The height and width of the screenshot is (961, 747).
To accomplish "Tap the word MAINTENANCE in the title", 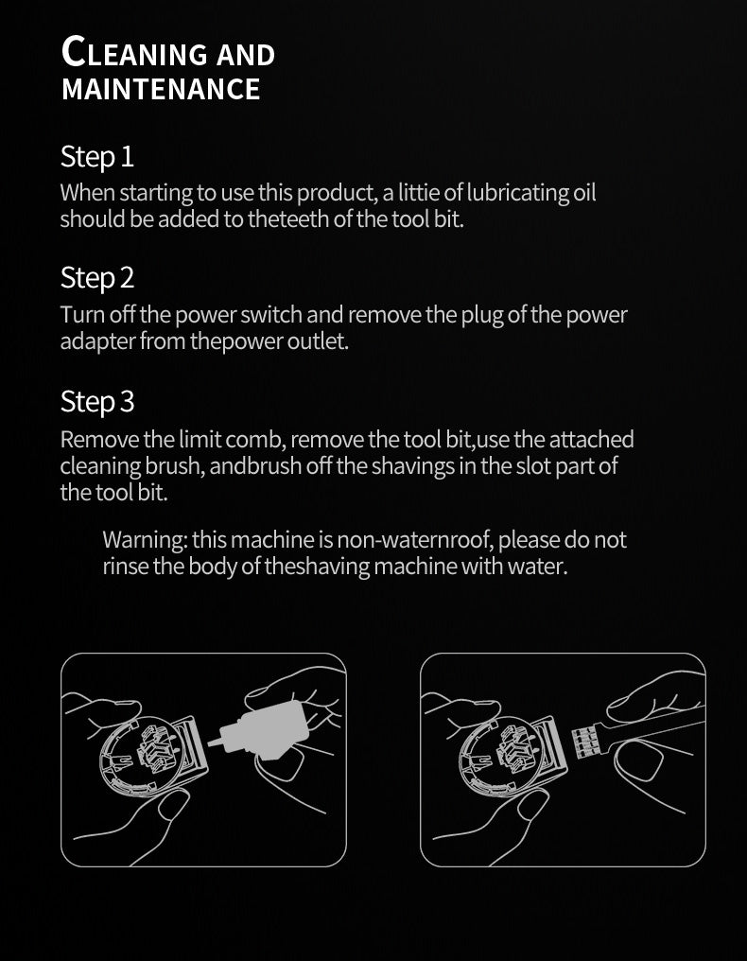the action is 161,89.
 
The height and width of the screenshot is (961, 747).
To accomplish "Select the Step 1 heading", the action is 96,157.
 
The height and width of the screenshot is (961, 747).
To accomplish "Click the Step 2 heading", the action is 96,278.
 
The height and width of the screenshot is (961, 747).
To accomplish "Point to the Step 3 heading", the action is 96,403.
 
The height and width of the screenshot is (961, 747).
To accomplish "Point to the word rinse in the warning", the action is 125,567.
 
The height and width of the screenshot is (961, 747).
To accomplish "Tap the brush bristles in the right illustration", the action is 584,741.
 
